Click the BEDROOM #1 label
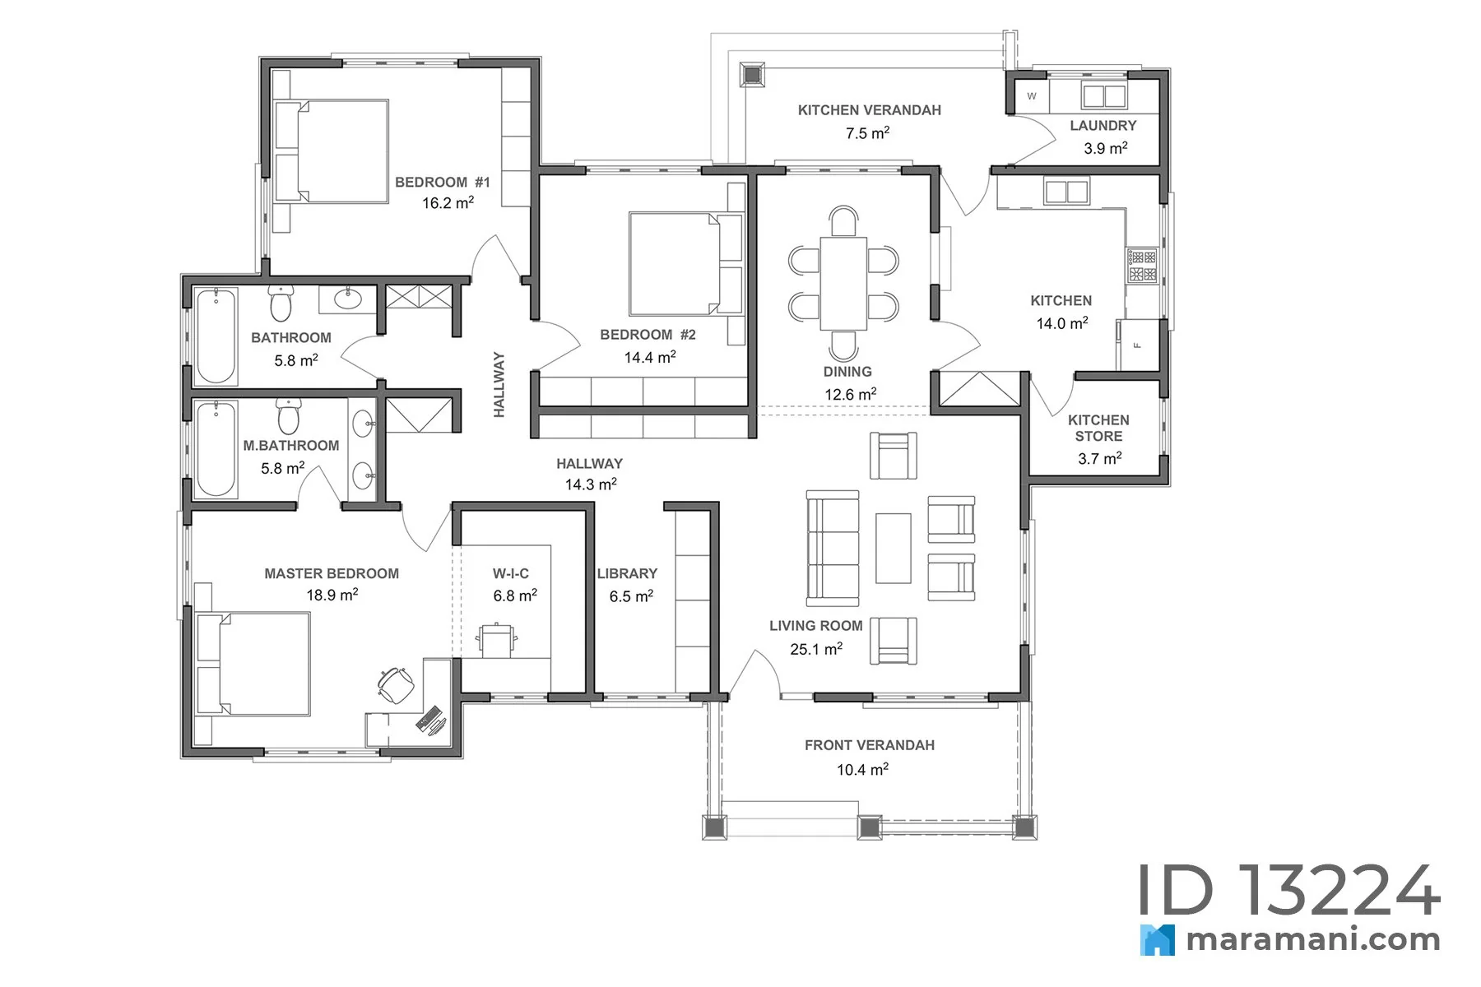pos(442,182)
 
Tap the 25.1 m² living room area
pos(816,649)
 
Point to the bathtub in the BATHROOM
pos(216,336)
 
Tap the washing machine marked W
pos(1032,95)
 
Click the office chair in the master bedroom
pos(396,684)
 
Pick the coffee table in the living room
pos(893,548)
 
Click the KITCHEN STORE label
pos(1098,428)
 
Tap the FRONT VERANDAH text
pos(870,745)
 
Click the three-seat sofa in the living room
pos(833,548)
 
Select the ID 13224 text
pos(1289,890)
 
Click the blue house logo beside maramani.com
pos(1158,940)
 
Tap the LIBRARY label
pos(627,573)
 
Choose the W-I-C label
pos(511,573)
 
